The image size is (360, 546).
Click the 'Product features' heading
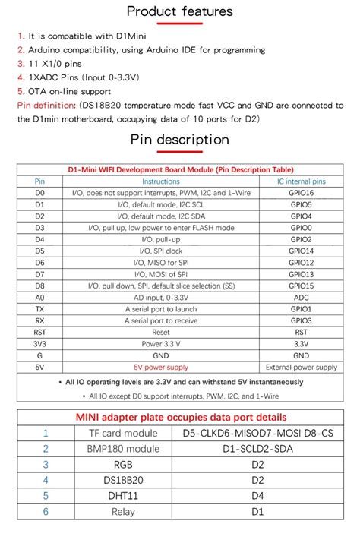[179, 11]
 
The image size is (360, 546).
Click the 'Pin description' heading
[179, 140]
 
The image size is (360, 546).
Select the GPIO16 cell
[302, 194]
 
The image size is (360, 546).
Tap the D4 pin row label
[39, 239]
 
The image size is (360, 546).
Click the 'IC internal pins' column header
[302, 182]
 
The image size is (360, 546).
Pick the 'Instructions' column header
[161, 182]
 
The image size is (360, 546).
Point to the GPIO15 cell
[302, 285]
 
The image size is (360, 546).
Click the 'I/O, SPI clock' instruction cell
[161, 251]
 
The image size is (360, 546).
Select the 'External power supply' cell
[302, 367]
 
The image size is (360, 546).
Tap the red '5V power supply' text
[161, 367]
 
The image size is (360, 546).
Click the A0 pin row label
[39, 297]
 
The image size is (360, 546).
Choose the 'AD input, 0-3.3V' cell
[161, 297]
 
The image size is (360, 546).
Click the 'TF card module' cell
[118, 433]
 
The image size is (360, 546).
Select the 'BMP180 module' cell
[118, 449]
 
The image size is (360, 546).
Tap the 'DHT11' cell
[118, 497]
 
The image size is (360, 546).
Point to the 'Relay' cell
[118, 513]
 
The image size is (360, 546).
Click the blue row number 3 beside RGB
[46, 465]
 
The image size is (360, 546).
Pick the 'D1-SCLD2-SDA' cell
[258, 449]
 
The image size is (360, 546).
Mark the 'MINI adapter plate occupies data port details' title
[180, 417]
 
